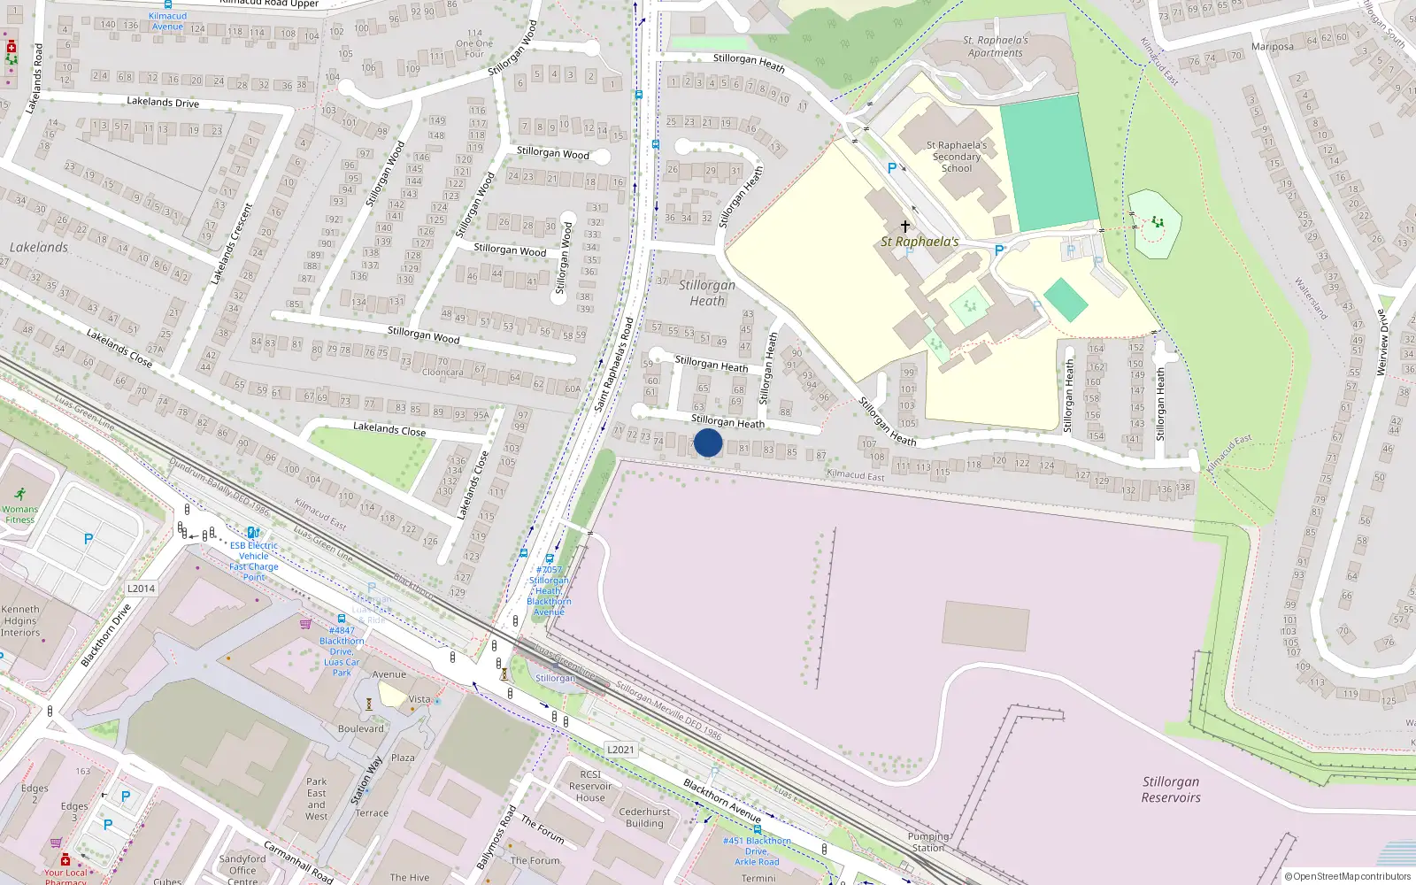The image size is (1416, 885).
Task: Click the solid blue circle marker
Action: (708, 442)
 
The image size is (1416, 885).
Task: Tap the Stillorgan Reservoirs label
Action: (1171, 789)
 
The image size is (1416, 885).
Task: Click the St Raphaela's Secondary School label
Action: (956, 157)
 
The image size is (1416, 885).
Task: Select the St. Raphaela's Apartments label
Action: (996, 47)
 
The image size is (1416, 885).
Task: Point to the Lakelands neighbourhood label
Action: (39, 248)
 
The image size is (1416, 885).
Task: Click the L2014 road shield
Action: (141, 589)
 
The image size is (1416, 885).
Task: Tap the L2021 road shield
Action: (620, 750)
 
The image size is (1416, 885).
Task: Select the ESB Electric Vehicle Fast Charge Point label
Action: (254, 561)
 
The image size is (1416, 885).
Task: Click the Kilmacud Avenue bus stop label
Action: (167, 21)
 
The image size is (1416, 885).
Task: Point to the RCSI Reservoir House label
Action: (590, 786)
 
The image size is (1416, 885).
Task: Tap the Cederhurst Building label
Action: (644, 817)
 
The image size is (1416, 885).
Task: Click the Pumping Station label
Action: (927, 842)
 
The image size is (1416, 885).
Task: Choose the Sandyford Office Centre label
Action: (242, 869)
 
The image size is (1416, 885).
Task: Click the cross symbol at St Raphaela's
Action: (904, 227)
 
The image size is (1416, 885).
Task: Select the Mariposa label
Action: (1272, 47)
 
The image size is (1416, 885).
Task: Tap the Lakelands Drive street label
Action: (163, 103)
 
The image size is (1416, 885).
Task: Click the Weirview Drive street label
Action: (1381, 342)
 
